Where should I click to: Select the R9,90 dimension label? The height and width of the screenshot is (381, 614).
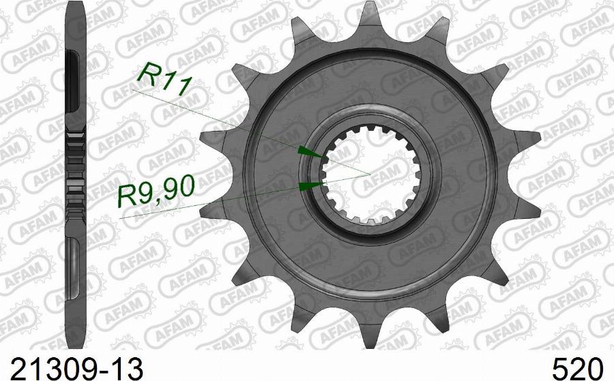coord(156,191)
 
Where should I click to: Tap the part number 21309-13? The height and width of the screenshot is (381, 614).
coord(77,369)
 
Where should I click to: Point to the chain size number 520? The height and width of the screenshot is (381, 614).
coord(578,369)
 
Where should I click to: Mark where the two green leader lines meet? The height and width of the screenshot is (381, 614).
coord(370,173)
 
